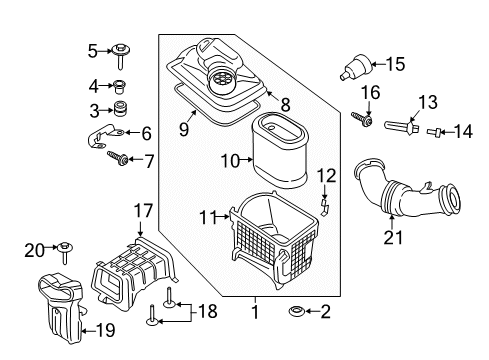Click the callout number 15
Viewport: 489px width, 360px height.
pos(396,64)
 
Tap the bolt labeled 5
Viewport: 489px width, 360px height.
pos(120,55)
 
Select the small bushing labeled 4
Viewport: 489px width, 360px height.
pos(120,86)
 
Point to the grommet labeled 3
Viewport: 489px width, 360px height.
pos(121,108)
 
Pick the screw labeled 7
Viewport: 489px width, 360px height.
pos(118,158)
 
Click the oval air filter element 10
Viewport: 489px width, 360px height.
pos(279,149)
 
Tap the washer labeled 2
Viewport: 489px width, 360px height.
pos(296,312)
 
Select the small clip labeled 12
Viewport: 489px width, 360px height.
pos(324,207)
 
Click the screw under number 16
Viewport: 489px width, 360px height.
pos(362,119)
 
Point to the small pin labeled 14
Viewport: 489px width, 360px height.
pos(434,132)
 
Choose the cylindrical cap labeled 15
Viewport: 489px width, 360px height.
pos(356,68)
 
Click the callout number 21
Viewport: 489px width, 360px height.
pos(393,237)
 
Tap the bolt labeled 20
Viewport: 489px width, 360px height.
pos(65,252)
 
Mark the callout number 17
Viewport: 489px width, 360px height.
pos(143,211)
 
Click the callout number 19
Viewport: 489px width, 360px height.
pos(105,330)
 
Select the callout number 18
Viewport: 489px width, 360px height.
pos(208,311)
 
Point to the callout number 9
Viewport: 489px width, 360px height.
pos(184,129)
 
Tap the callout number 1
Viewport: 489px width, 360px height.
pos(255,312)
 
